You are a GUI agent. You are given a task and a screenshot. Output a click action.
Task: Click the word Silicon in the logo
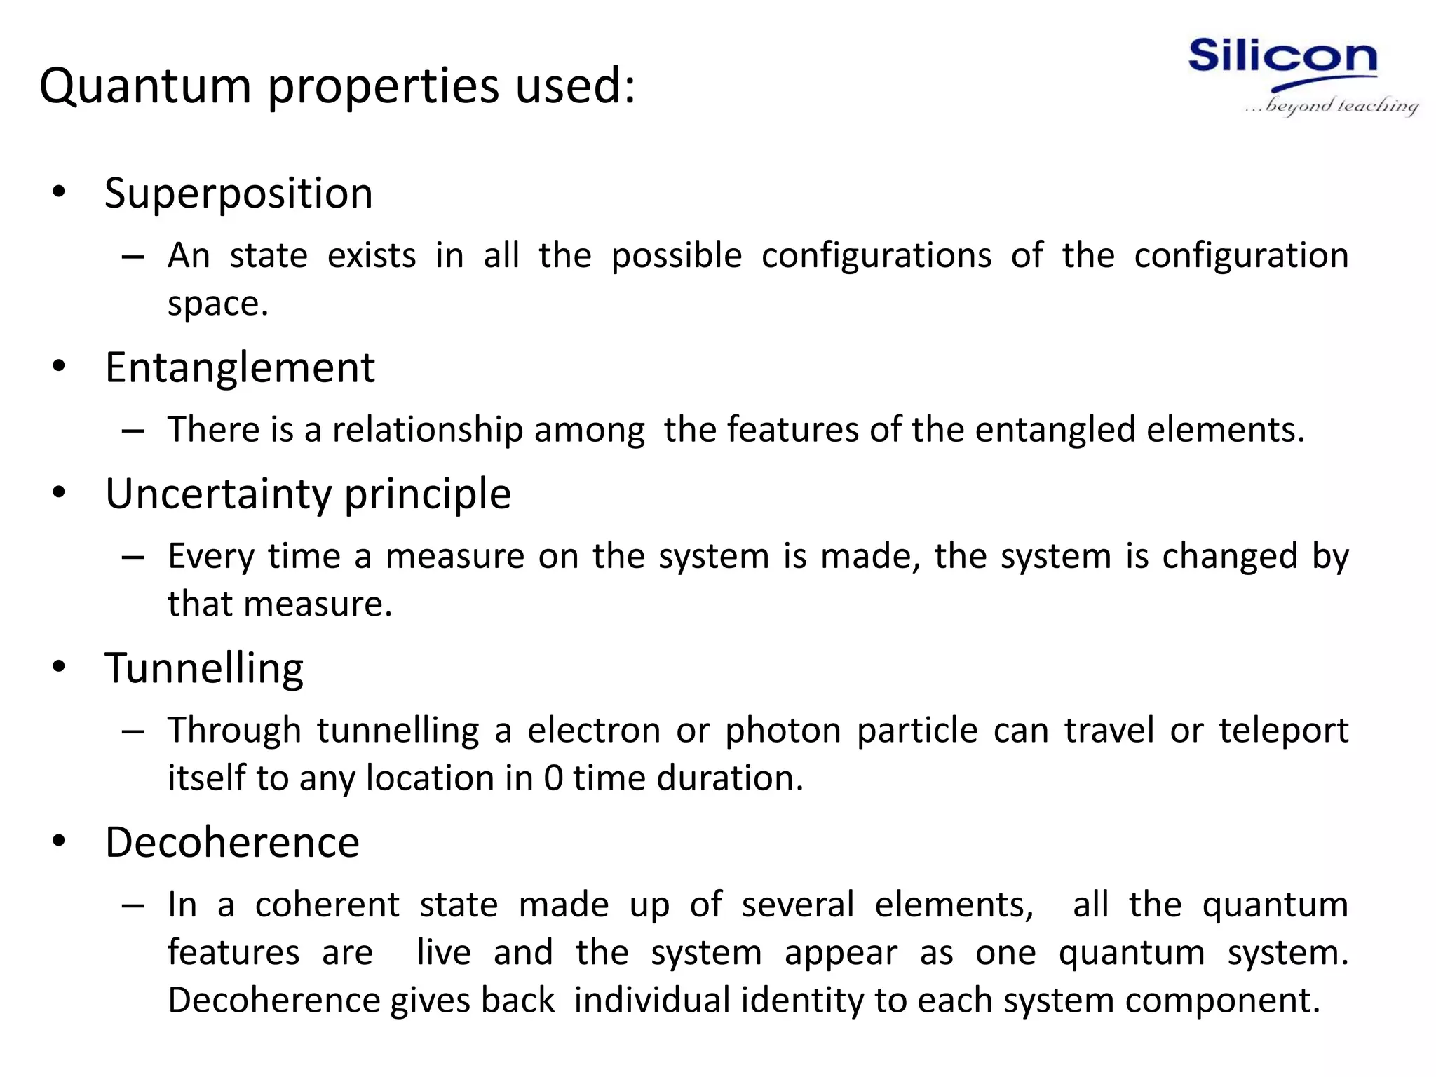click(1282, 57)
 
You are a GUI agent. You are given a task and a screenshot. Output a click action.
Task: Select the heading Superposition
click(238, 194)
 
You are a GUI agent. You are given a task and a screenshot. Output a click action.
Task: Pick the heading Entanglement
click(240, 367)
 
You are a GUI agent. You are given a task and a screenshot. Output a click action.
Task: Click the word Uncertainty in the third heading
click(217, 494)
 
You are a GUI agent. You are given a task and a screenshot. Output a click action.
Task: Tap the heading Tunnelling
click(204, 668)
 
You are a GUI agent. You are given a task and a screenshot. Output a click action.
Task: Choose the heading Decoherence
click(232, 842)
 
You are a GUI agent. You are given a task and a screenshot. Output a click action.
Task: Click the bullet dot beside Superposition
click(59, 192)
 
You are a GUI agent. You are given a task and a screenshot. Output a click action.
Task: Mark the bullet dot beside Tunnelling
click(59, 667)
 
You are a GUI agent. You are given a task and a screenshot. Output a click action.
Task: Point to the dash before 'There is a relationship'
click(133, 431)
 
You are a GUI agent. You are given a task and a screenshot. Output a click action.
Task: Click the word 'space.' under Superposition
click(218, 304)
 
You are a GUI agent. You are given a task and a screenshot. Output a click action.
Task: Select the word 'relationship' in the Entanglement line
click(427, 430)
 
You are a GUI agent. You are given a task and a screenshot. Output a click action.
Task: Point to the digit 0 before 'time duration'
click(553, 778)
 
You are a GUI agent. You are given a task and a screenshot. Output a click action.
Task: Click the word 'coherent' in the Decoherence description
click(327, 905)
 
